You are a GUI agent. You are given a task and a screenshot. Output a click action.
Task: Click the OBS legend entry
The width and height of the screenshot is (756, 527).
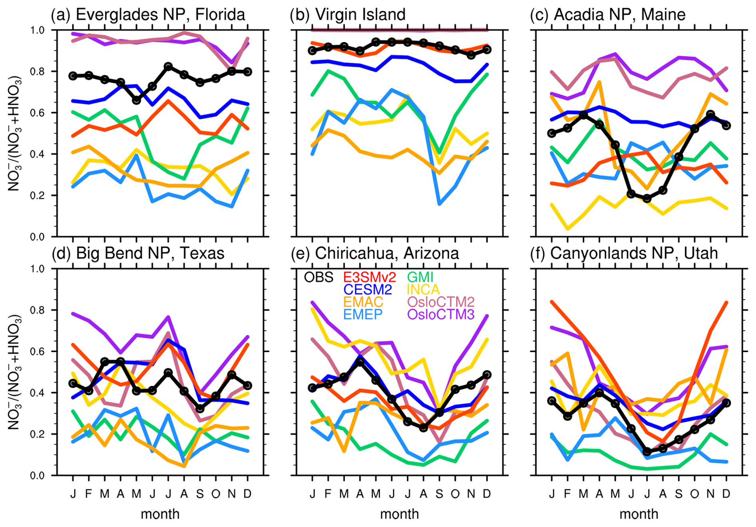318,277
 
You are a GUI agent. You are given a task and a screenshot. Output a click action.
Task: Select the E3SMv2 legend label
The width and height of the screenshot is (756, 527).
369,277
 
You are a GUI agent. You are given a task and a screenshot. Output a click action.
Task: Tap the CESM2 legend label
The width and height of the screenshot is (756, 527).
368,289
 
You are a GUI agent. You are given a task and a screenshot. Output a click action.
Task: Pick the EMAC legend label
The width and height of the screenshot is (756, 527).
363,302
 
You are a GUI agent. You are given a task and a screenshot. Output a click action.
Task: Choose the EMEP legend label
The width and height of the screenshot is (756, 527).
363,314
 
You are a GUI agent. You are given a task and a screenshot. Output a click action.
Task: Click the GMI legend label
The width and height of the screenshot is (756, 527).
420,277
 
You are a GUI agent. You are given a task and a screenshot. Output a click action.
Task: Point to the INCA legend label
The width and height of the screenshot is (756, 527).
423,289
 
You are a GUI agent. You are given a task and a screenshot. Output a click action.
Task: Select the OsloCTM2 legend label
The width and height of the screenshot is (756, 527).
441,302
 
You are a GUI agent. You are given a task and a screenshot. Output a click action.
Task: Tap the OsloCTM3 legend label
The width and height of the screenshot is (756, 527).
441,314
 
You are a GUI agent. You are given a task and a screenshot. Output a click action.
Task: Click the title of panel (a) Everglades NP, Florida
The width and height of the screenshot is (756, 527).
148,15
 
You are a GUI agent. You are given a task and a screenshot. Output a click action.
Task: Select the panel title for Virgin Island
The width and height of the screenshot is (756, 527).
348,15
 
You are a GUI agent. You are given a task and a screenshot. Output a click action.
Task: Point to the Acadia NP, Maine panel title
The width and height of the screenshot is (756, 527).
608,15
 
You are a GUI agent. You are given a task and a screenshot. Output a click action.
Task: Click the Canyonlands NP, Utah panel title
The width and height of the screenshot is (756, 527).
624,253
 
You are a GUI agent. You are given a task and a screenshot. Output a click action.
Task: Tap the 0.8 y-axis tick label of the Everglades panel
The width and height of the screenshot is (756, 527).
37,72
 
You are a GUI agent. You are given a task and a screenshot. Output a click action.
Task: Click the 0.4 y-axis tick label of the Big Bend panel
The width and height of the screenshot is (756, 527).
37,393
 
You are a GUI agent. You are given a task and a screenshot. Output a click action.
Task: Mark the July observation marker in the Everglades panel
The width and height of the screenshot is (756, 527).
168,66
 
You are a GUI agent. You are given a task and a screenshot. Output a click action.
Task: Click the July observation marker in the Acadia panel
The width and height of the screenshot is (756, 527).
647,198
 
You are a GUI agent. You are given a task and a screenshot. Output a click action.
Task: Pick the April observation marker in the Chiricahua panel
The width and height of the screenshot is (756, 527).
360,362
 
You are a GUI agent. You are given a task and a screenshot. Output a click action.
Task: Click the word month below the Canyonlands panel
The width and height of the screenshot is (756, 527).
639,514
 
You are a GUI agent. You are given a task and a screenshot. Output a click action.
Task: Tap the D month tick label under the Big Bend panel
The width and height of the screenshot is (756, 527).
247,494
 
